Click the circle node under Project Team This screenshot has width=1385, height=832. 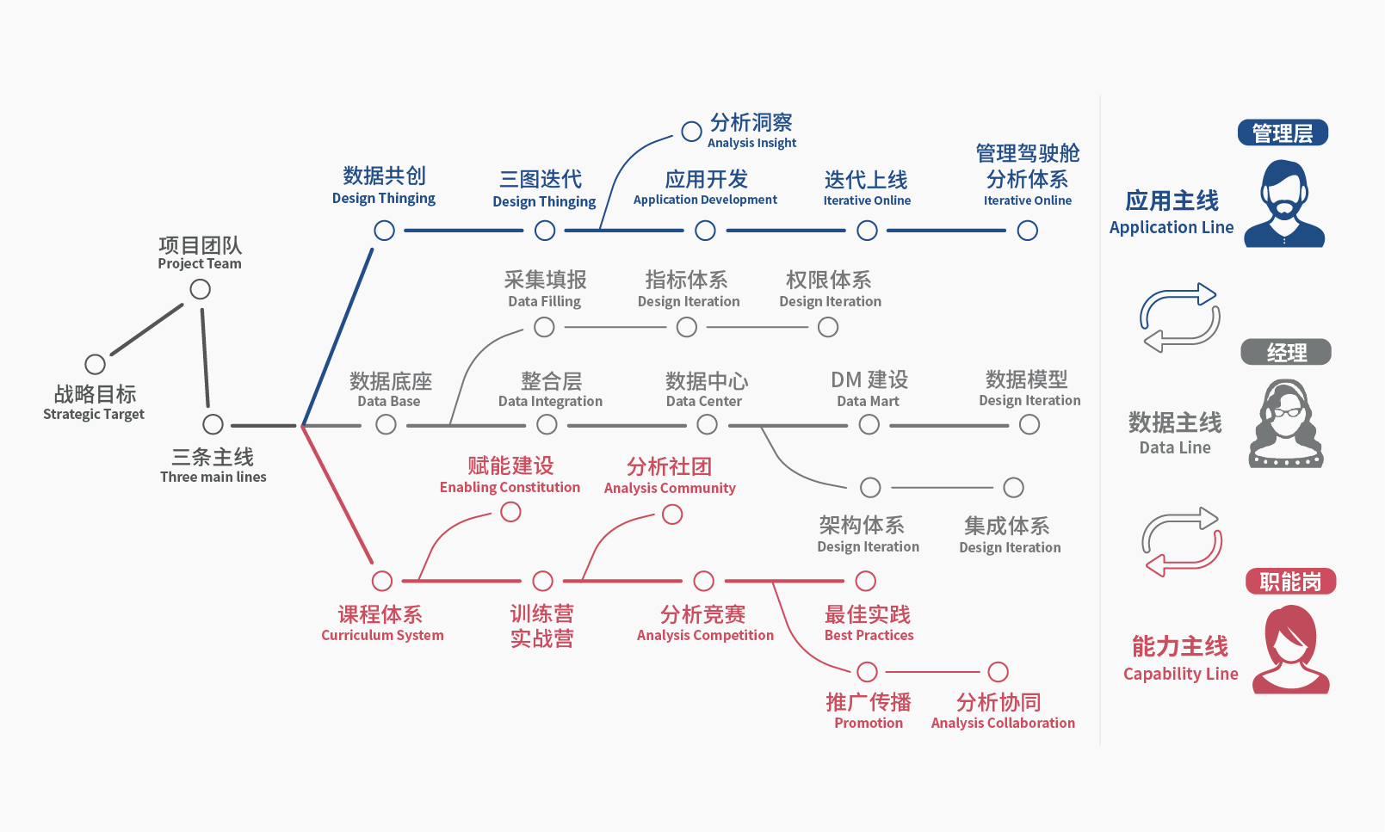pos(201,289)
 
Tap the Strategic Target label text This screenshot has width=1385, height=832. pos(94,414)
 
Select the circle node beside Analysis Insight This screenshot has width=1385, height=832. pos(691,132)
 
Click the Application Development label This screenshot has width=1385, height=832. pos(705,200)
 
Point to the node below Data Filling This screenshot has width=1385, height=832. pos(544,327)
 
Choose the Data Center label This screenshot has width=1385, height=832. pos(703,401)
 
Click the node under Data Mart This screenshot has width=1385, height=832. pos(869,424)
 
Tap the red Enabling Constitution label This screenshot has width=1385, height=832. pos(510,487)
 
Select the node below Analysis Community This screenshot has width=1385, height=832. pos(672,515)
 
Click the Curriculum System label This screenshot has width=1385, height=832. pos(382,635)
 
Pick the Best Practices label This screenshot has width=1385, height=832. pos(869,635)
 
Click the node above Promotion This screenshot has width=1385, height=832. pos(868,672)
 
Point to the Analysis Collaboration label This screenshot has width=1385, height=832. pos(1003,723)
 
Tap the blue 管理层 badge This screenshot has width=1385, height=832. pos(1283,133)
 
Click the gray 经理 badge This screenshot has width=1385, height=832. pos(1286,352)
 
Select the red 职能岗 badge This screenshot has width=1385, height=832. pos(1290,582)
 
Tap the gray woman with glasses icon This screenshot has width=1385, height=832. pos(1286,424)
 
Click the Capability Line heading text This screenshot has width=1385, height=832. pos(1180,674)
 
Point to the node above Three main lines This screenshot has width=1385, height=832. pos(213,424)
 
